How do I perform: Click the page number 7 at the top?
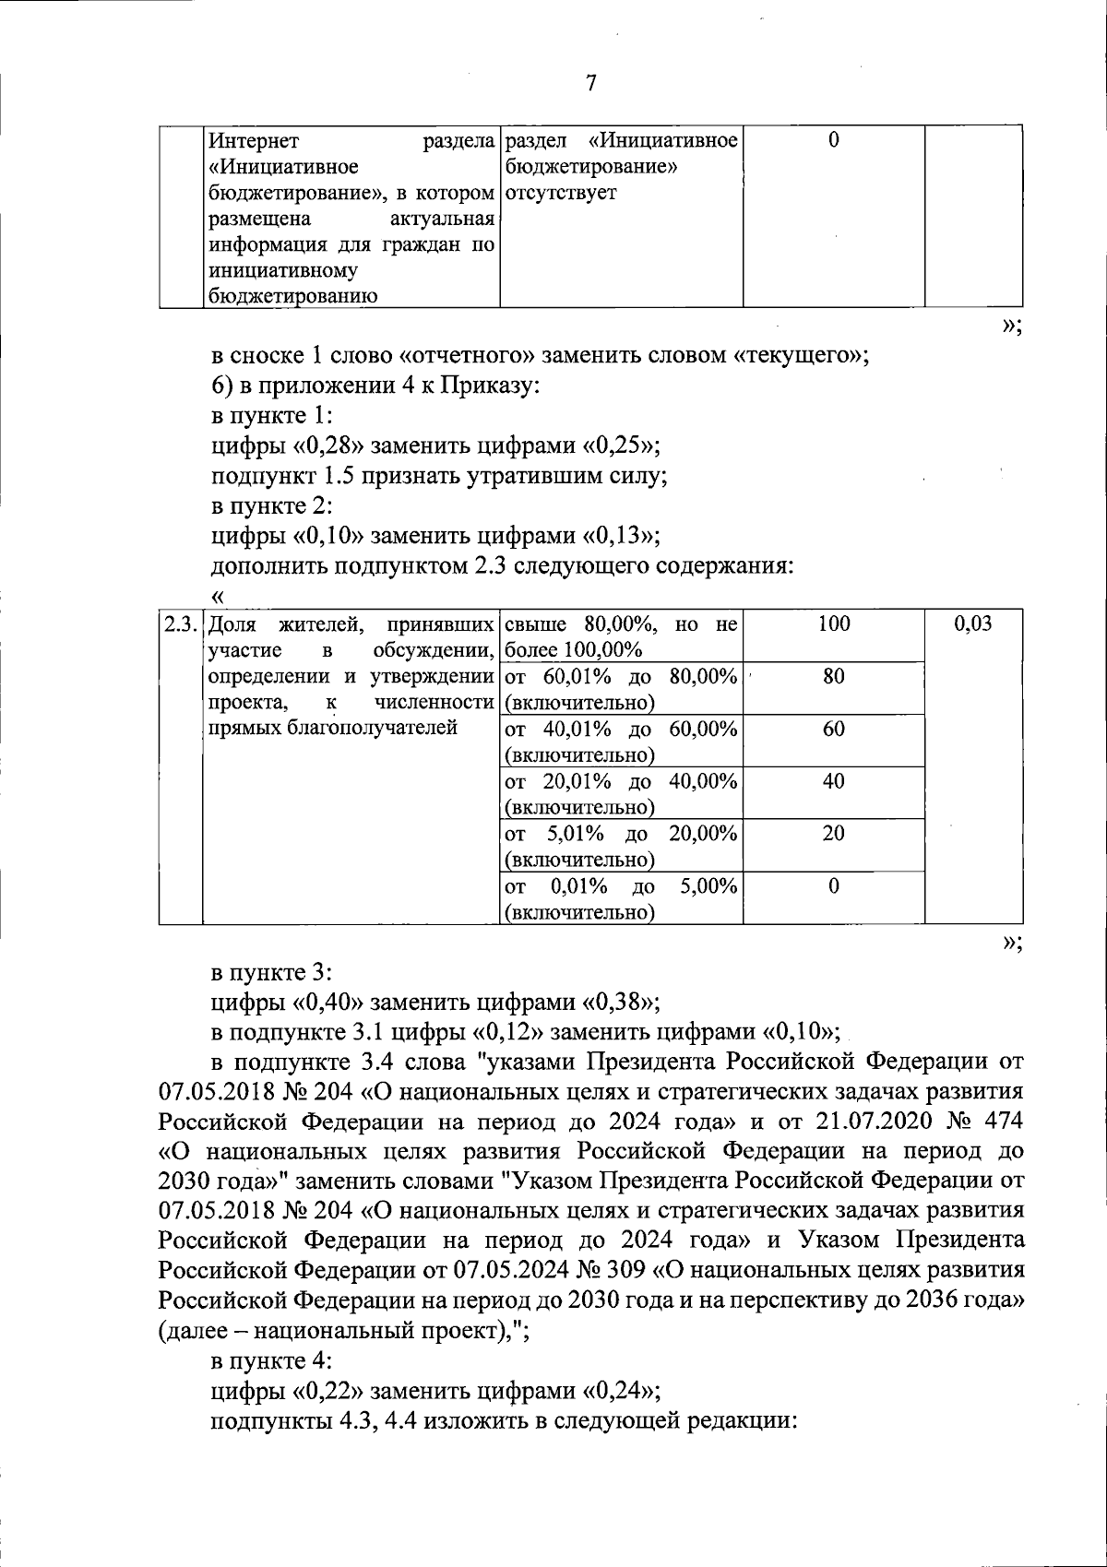point(591,84)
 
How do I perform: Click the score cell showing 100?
point(833,624)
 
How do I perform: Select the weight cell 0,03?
point(973,624)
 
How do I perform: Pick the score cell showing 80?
point(833,677)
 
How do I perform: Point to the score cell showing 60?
point(833,730)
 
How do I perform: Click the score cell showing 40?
point(833,782)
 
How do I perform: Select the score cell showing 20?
point(833,834)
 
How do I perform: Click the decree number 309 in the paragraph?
point(626,1270)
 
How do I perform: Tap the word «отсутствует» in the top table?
point(561,194)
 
